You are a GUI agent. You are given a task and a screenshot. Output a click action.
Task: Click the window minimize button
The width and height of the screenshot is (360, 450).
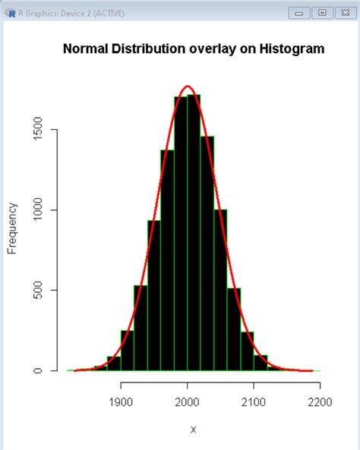[300, 13]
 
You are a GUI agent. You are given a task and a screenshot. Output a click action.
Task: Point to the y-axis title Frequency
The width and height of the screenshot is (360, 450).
[12, 228]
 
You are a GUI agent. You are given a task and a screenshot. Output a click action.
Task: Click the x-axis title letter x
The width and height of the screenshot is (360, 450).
[193, 429]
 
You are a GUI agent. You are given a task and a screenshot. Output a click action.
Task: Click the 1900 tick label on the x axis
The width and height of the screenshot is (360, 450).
[121, 402]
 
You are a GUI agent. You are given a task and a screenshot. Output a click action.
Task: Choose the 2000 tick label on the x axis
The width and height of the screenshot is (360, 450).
[187, 402]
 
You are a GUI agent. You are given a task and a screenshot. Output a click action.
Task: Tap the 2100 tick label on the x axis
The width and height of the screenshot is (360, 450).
[253, 402]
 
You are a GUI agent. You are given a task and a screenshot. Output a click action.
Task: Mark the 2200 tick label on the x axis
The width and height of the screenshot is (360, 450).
[319, 402]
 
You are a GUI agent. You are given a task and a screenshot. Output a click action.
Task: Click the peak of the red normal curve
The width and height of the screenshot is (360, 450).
[188, 87]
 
